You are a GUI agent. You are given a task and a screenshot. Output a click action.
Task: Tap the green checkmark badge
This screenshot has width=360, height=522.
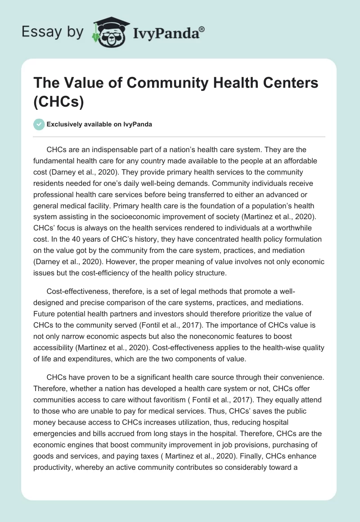[x=39, y=124]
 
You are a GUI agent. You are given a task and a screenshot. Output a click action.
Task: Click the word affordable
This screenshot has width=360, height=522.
[x=288, y=161]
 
